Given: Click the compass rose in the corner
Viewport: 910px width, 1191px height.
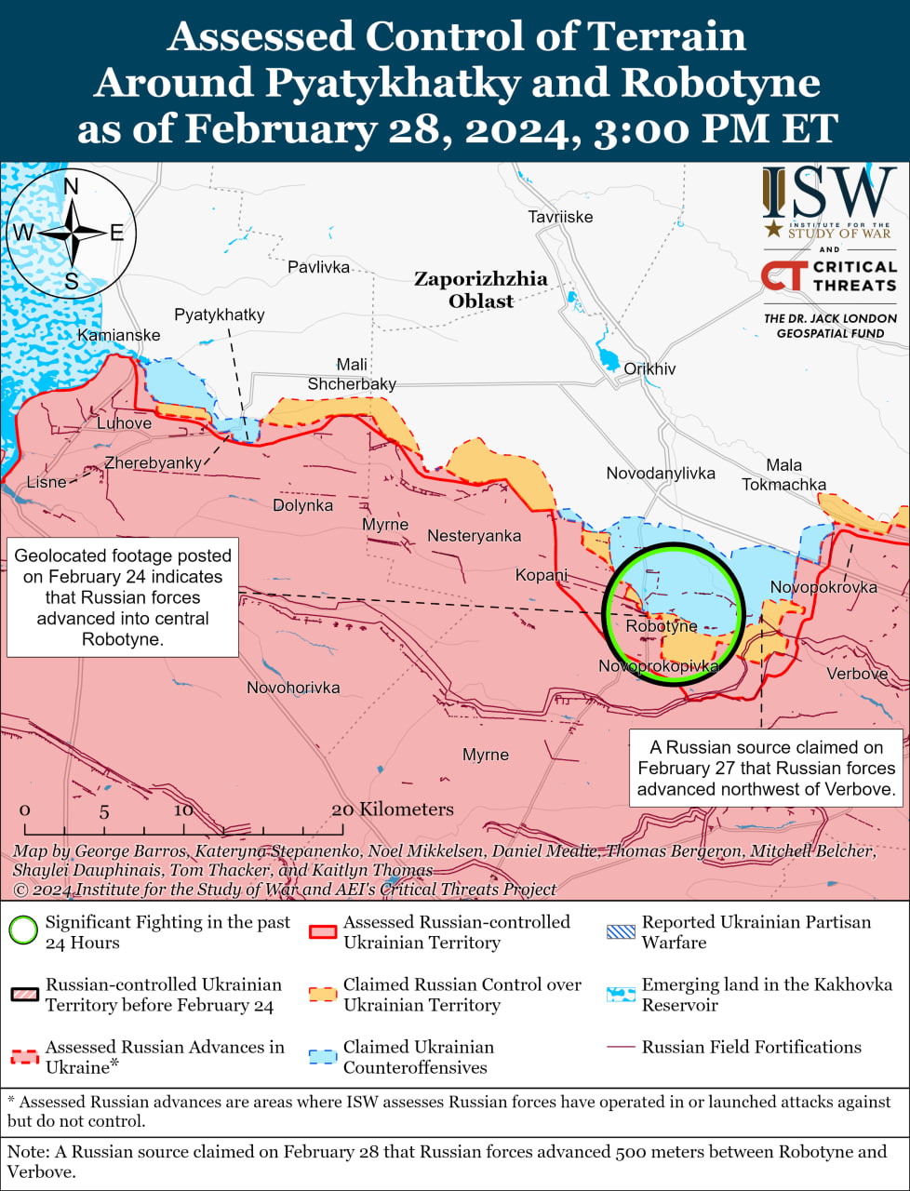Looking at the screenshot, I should click(x=71, y=233).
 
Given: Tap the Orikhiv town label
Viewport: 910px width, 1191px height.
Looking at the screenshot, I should click(x=649, y=368).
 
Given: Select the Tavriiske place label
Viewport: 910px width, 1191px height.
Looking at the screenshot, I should click(x=560, y=217).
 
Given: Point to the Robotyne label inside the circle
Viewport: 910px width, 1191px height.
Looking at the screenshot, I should click(x=661, y=626).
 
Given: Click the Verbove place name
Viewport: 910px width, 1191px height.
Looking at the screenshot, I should click(x=857, y=674).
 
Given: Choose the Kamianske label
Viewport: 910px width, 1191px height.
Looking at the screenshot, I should click(x=118, y=335).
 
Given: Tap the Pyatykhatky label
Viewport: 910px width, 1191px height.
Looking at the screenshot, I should click(x=220, y=314).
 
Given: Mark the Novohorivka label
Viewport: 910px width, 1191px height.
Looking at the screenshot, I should click(x=293, y=688).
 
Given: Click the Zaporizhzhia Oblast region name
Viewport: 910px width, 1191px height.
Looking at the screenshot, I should click(x=481, y=289).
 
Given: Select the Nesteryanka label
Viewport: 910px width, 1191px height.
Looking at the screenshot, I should click(x=474, y=536).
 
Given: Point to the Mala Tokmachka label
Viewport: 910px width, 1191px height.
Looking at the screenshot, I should click(x=783, y=475).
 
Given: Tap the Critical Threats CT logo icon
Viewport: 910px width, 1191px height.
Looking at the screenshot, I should click(x=783, y=276).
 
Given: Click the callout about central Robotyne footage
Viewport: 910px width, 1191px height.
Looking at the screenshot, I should click(x=123, y=597).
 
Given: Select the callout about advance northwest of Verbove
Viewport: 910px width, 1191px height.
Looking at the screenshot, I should click(x=766, y=768).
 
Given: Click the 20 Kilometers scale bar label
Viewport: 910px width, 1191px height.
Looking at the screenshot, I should click(x=394, y=810).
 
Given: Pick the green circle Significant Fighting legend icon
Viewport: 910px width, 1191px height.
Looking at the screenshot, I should click(x=23, y=930).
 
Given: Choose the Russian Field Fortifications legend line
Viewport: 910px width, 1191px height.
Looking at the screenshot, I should click(x=620, y=1048).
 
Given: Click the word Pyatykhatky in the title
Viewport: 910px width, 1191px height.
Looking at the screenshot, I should click(x=392, y=82).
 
